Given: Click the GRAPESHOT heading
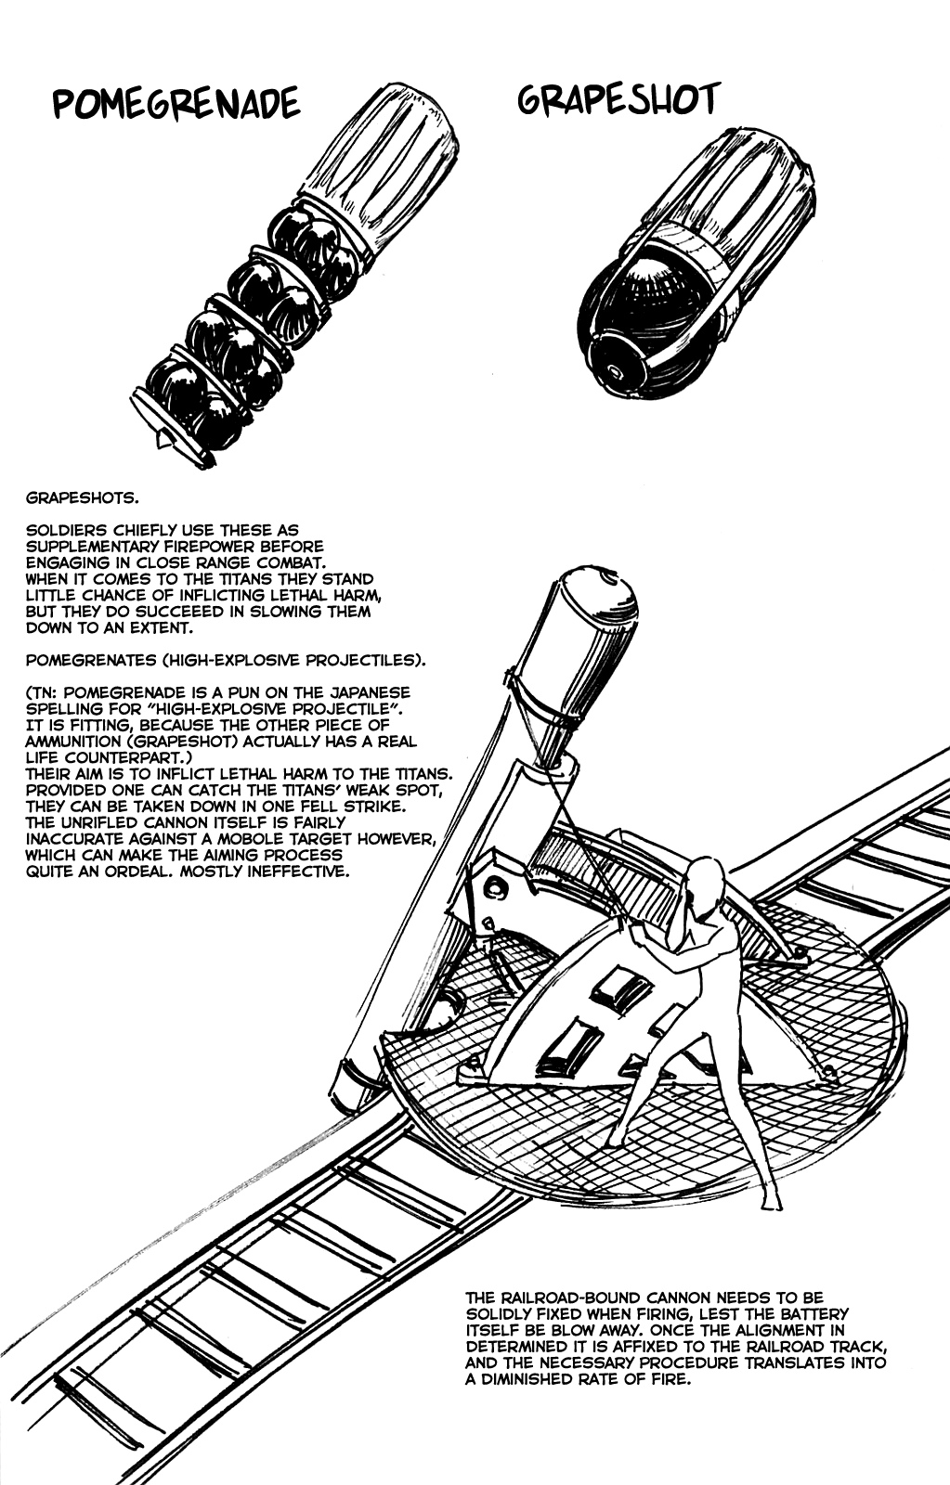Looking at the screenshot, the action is [618, 101].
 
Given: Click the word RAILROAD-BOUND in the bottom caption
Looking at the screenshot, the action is [565, 1298].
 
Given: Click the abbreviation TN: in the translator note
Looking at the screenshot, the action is [44, 692].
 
